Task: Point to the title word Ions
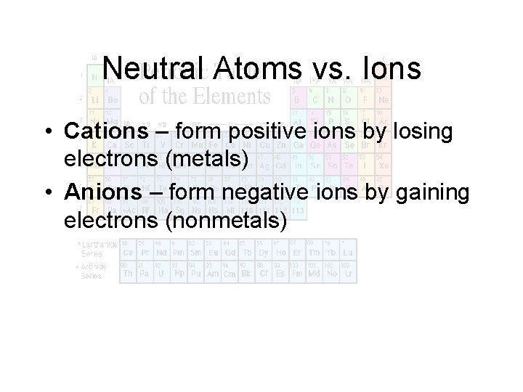[393, 69]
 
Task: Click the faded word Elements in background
[230, 97]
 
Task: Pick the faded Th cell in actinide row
[128, 274]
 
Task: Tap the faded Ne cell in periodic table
[383, 99]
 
